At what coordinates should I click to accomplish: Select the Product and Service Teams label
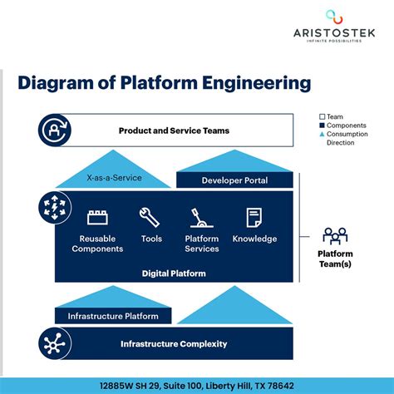pyautogui.click(x=174, y=131)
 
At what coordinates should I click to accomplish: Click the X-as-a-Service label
pyautogui.click(x=114, y=178)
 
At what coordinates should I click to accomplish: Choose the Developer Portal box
pyautogui.click(x=234, y=180)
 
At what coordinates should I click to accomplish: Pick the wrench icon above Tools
pyautogui.click(x=150, y=217)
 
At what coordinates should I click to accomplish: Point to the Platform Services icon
pyautogui.click(x=201, y=218)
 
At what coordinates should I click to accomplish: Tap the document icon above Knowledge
pyautogui.click(x=254, y=217)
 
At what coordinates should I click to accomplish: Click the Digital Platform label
pyautogui.click(x=175, y=273)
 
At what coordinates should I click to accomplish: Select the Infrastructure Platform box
pyautogui.click(x=113, y=316)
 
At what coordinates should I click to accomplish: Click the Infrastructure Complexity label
pyautogui.click(x=174, y=344)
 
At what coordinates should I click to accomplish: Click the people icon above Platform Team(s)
pyautogui.click(x=335, y=234)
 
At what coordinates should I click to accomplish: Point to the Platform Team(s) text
pyautogui.click(x=335, y=259)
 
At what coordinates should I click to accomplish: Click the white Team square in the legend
pyautogui.click(x=323, y=116)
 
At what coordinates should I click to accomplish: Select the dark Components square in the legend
pyautogui.click(x=323, y=126)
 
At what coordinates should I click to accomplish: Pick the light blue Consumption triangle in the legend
pyautogui.click(x=323, y=134)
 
